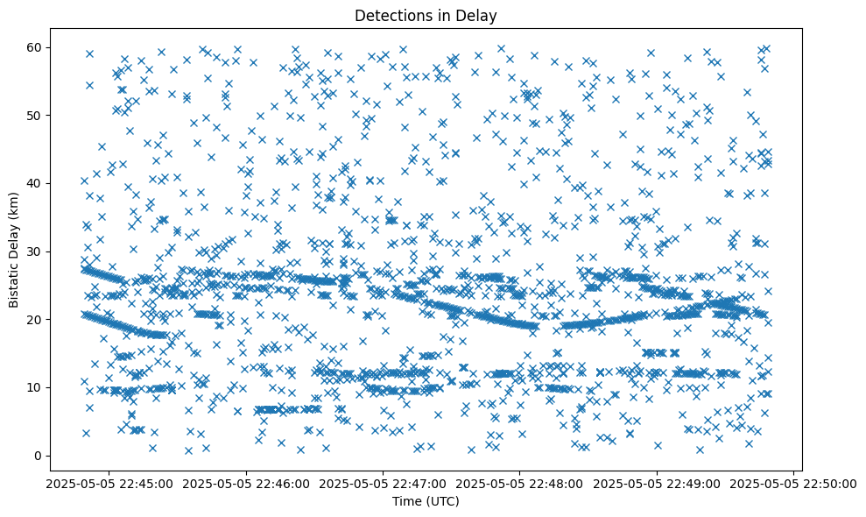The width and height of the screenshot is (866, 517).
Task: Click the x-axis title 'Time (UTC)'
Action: pyautogui.click(x=426, y=501)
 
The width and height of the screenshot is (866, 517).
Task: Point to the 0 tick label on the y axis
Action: pyautogui.click(x=38, y=456)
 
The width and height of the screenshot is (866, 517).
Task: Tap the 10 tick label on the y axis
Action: pyautogui.click(x=34, y=387)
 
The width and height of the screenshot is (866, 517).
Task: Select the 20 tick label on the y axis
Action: pyautogui.click(x=34, y=320)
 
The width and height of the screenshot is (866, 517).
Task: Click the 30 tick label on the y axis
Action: pyautogui.click(x=34, y=251)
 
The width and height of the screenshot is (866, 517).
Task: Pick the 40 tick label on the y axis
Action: pyautogui.click(x=34, y=183)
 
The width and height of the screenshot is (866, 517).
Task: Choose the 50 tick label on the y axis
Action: pyautogui.click(x=34, y=116)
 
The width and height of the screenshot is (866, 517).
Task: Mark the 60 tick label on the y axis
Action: pyautogui.click(x=34, y=47)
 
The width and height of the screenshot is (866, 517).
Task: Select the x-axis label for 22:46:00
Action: pyautogui.click(x=246, y=482)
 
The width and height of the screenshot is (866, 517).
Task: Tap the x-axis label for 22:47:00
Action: pyautogui.click(x=383, y=482)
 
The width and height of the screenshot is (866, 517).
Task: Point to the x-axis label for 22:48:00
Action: pyautogui.click(x=519, y=482)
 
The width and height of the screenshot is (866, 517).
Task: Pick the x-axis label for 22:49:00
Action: pyautogui.click(x=657, y=482)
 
